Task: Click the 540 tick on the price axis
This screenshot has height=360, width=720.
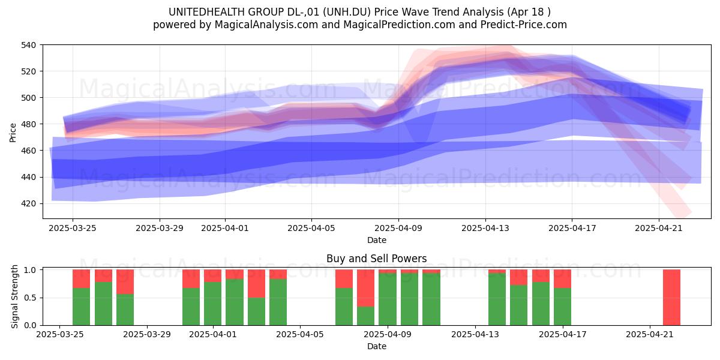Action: tap(28, 45)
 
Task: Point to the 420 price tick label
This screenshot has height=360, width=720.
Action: tap(28, 204)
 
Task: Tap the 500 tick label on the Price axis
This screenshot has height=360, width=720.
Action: tap(28, 98)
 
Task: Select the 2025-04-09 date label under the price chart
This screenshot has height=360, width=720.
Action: tap(398, 228)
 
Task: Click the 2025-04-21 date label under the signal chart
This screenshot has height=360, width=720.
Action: tap(650, 335)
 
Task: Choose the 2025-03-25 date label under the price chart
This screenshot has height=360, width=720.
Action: tap(73, 228)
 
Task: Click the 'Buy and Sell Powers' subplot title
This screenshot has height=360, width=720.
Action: tap(376, 259)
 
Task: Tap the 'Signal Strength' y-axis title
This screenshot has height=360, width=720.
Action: tap(14, 296)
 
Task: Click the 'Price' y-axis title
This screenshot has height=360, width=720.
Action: tap(13, 133)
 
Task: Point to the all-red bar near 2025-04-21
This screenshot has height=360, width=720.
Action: tap(671, 298)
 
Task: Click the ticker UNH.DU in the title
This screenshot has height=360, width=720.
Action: tap(347, 12)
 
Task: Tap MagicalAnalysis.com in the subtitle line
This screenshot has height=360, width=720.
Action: tap(266, 25)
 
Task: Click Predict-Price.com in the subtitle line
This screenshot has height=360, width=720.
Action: tap(524, 25)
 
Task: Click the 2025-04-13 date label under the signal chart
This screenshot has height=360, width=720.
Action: tap(475, 335)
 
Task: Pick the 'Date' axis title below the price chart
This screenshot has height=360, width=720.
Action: tap(377, 240)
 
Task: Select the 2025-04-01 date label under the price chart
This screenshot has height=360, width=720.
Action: tap(225, 228)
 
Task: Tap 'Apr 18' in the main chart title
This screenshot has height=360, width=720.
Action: tap(526, 12)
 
